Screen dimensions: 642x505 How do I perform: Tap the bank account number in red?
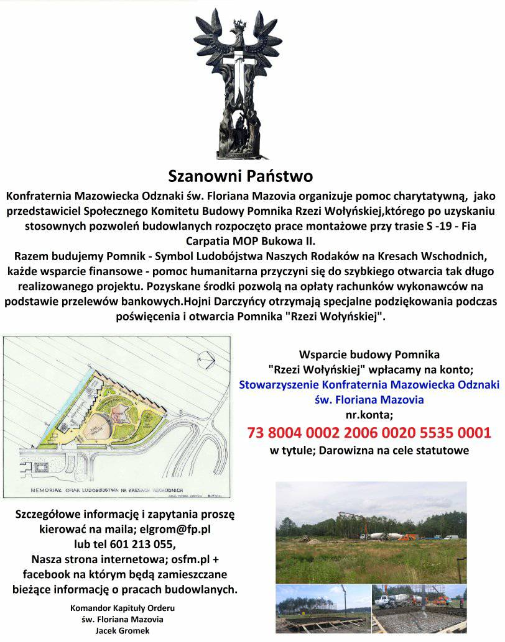[x=369, y=432]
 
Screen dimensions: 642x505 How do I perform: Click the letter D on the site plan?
[x=180, y=412]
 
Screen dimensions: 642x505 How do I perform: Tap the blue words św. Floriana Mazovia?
[x=369, y=399]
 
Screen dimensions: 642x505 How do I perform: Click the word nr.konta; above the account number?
[x=369, y=415]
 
